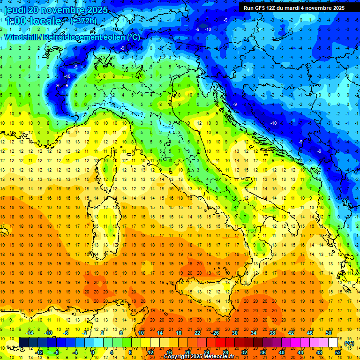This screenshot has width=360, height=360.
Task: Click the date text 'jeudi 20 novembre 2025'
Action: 56,10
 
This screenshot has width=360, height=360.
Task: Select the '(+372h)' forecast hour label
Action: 83,21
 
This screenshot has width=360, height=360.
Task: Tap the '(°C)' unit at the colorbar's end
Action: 349,343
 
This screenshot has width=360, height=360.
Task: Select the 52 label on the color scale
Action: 338,352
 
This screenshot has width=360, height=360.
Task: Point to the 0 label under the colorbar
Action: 93,352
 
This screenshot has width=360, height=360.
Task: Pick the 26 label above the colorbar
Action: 216,333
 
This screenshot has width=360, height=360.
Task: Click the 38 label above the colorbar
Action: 272,333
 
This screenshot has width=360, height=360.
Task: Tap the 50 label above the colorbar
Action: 328,333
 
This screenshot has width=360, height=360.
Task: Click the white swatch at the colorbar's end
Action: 333,343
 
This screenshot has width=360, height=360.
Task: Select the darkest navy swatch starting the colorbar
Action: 24,343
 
